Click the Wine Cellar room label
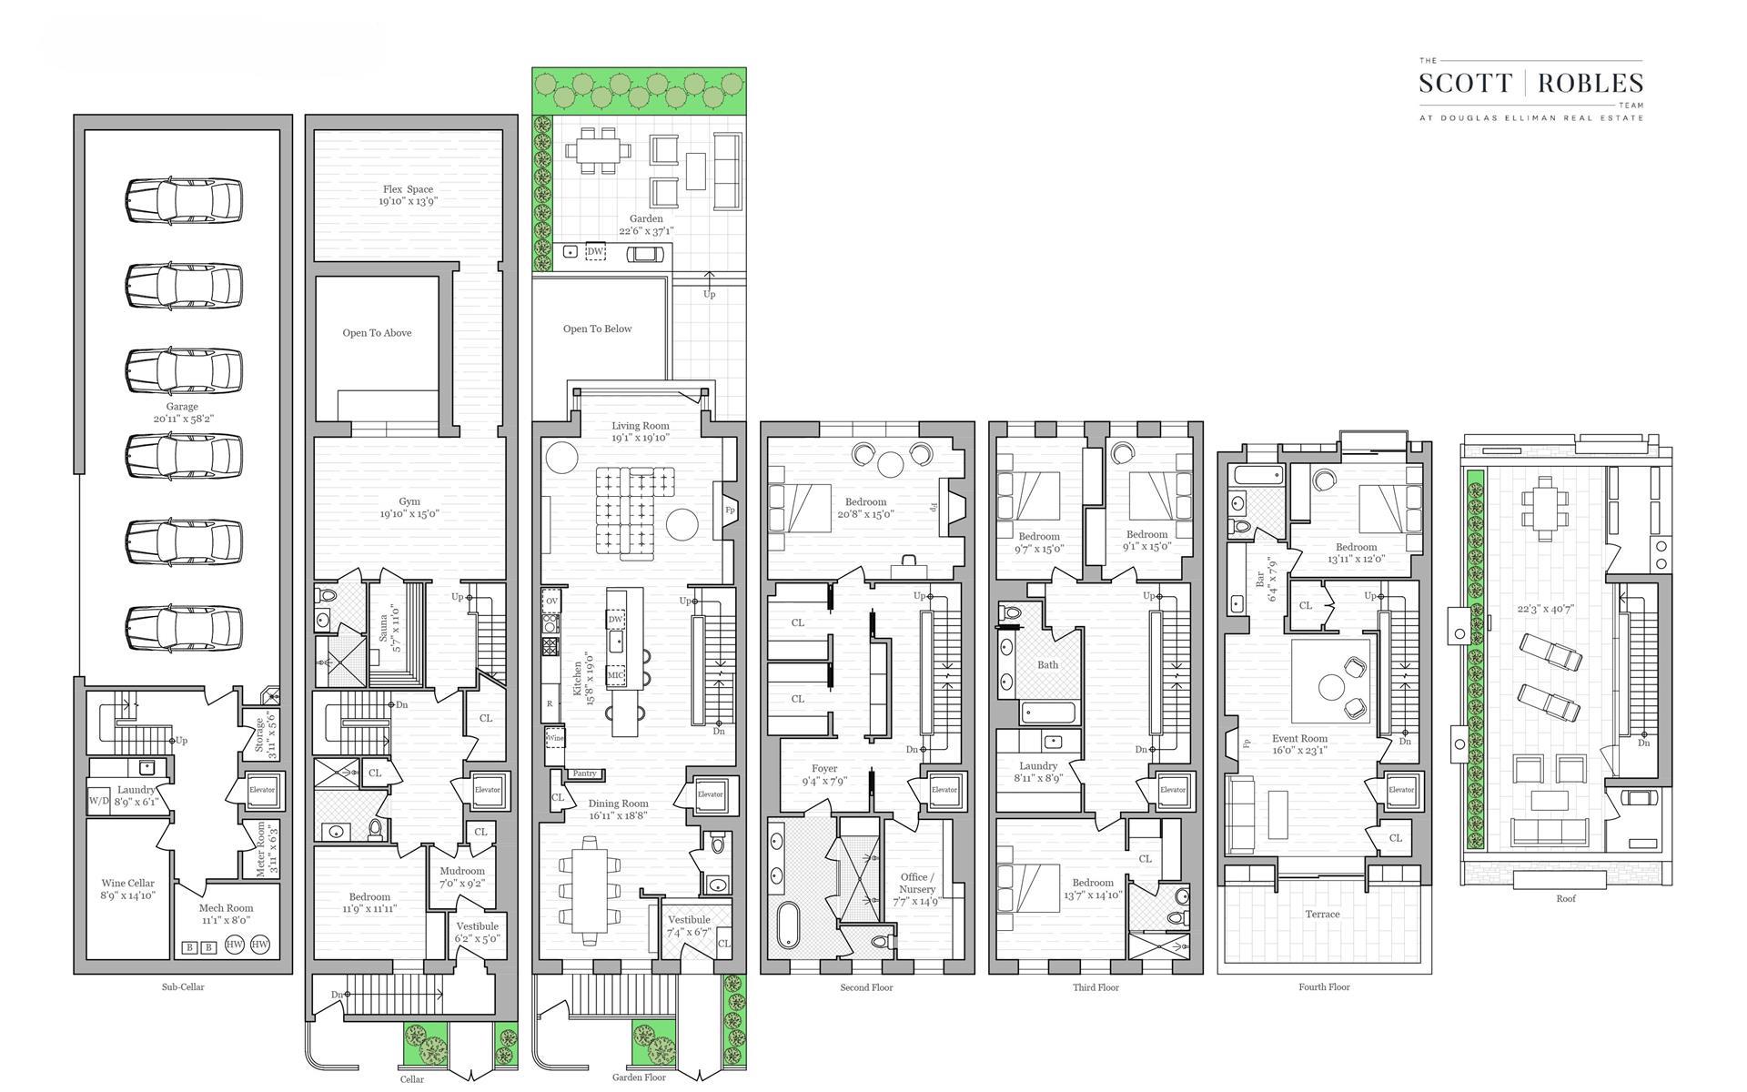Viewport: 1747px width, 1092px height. click(x=127, y=883)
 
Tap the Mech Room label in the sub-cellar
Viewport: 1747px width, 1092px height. click(x=227, y=907)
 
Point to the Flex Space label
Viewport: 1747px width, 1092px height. click(x=408, y=189)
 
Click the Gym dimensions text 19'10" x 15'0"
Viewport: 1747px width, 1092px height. click(x=409, y=514)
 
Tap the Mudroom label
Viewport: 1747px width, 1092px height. click(x=462, y=871)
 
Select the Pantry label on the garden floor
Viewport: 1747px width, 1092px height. click(x=584, y=773)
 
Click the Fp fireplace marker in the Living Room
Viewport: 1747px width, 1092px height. click(x=730, y=511)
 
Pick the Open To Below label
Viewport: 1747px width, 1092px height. click(x=597, y=329)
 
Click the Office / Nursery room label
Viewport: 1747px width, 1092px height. click(x=916, y=883)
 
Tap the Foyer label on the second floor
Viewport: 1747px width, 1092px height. click(x=824, y=769)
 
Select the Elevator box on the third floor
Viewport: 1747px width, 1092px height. click(x=1173, y=790)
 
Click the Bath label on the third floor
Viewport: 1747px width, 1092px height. click(x=1048, y=664)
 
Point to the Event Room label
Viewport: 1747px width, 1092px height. click(x=1299, y=738)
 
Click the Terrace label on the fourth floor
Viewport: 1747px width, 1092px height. click(x=1322, y=914)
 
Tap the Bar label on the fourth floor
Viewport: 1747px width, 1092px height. click(x=1260, y=578)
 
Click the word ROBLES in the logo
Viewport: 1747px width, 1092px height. click(x=1590, y=84)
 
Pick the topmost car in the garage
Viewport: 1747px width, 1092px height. click(x=184, y=200)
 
